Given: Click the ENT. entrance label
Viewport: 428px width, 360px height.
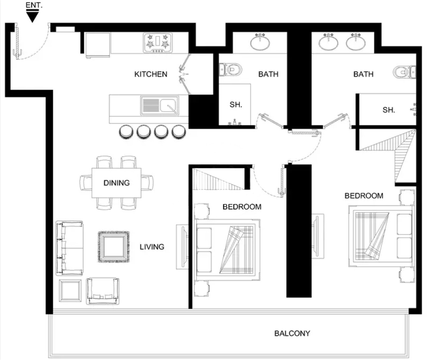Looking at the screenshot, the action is coord(34,5).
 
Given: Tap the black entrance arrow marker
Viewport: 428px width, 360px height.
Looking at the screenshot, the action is coord(32,16).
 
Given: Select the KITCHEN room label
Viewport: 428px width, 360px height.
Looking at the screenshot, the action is coord(151,74).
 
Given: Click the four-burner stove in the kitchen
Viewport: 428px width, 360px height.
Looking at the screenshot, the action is coord(157,43).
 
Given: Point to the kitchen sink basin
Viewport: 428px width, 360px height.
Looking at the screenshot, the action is coord(168,105).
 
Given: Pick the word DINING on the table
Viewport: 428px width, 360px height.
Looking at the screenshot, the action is coord(116,183).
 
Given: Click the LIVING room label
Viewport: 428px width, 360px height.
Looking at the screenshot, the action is coord(152,247).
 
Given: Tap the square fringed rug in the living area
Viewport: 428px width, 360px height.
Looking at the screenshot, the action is coord(114,247).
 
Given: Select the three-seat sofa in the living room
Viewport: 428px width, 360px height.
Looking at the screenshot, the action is coord(70,248).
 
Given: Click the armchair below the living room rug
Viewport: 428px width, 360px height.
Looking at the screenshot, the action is coord(103,291).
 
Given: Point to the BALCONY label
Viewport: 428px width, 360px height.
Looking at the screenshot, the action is coord(292,333).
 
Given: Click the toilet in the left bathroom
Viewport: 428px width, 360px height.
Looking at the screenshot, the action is coord(230,70).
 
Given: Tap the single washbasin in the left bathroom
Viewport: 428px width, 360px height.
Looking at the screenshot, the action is coord(260,42).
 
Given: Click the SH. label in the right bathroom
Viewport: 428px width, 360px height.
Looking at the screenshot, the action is coord(389,110).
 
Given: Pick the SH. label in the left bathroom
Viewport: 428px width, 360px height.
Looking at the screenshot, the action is coord(236,105).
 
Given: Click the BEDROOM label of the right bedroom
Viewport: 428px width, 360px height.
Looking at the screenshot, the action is coord(364,196).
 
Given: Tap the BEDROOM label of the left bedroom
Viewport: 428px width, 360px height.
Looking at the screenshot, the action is coord(242,207).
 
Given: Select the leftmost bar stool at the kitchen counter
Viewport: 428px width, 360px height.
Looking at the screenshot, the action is coord(126,132).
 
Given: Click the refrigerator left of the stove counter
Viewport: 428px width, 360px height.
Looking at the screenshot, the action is coord(98,45).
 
